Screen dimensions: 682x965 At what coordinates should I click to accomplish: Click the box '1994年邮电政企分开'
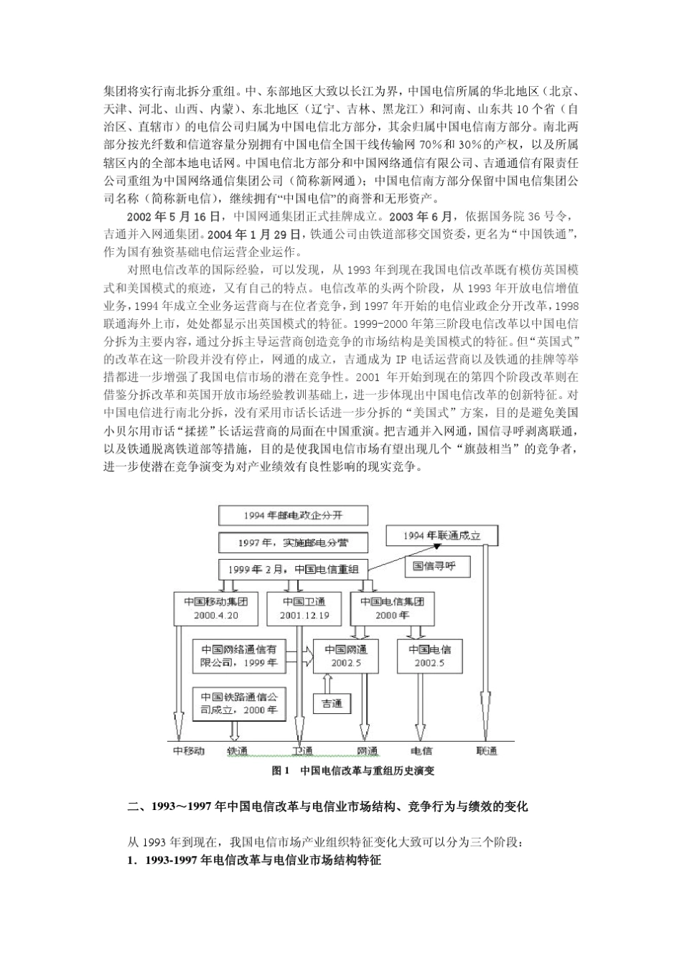click(292, 516)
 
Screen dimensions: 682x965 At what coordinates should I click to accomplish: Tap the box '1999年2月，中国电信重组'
click(292, 570)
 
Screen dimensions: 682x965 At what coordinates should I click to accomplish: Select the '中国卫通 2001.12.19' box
click(304, 608)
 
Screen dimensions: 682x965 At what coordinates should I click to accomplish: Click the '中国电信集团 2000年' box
click(392, 608)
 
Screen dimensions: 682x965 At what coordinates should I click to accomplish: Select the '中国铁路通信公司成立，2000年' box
click(239, 703)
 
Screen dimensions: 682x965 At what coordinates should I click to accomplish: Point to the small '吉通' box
click(332, 703)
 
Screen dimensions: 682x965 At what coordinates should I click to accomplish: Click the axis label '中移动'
click(189, 751)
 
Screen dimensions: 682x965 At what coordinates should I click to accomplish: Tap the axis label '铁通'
click(238, 751)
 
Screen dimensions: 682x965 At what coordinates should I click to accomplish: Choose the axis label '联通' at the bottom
click(486, 751)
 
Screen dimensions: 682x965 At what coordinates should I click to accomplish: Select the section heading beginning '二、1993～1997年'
click(327, 806)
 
